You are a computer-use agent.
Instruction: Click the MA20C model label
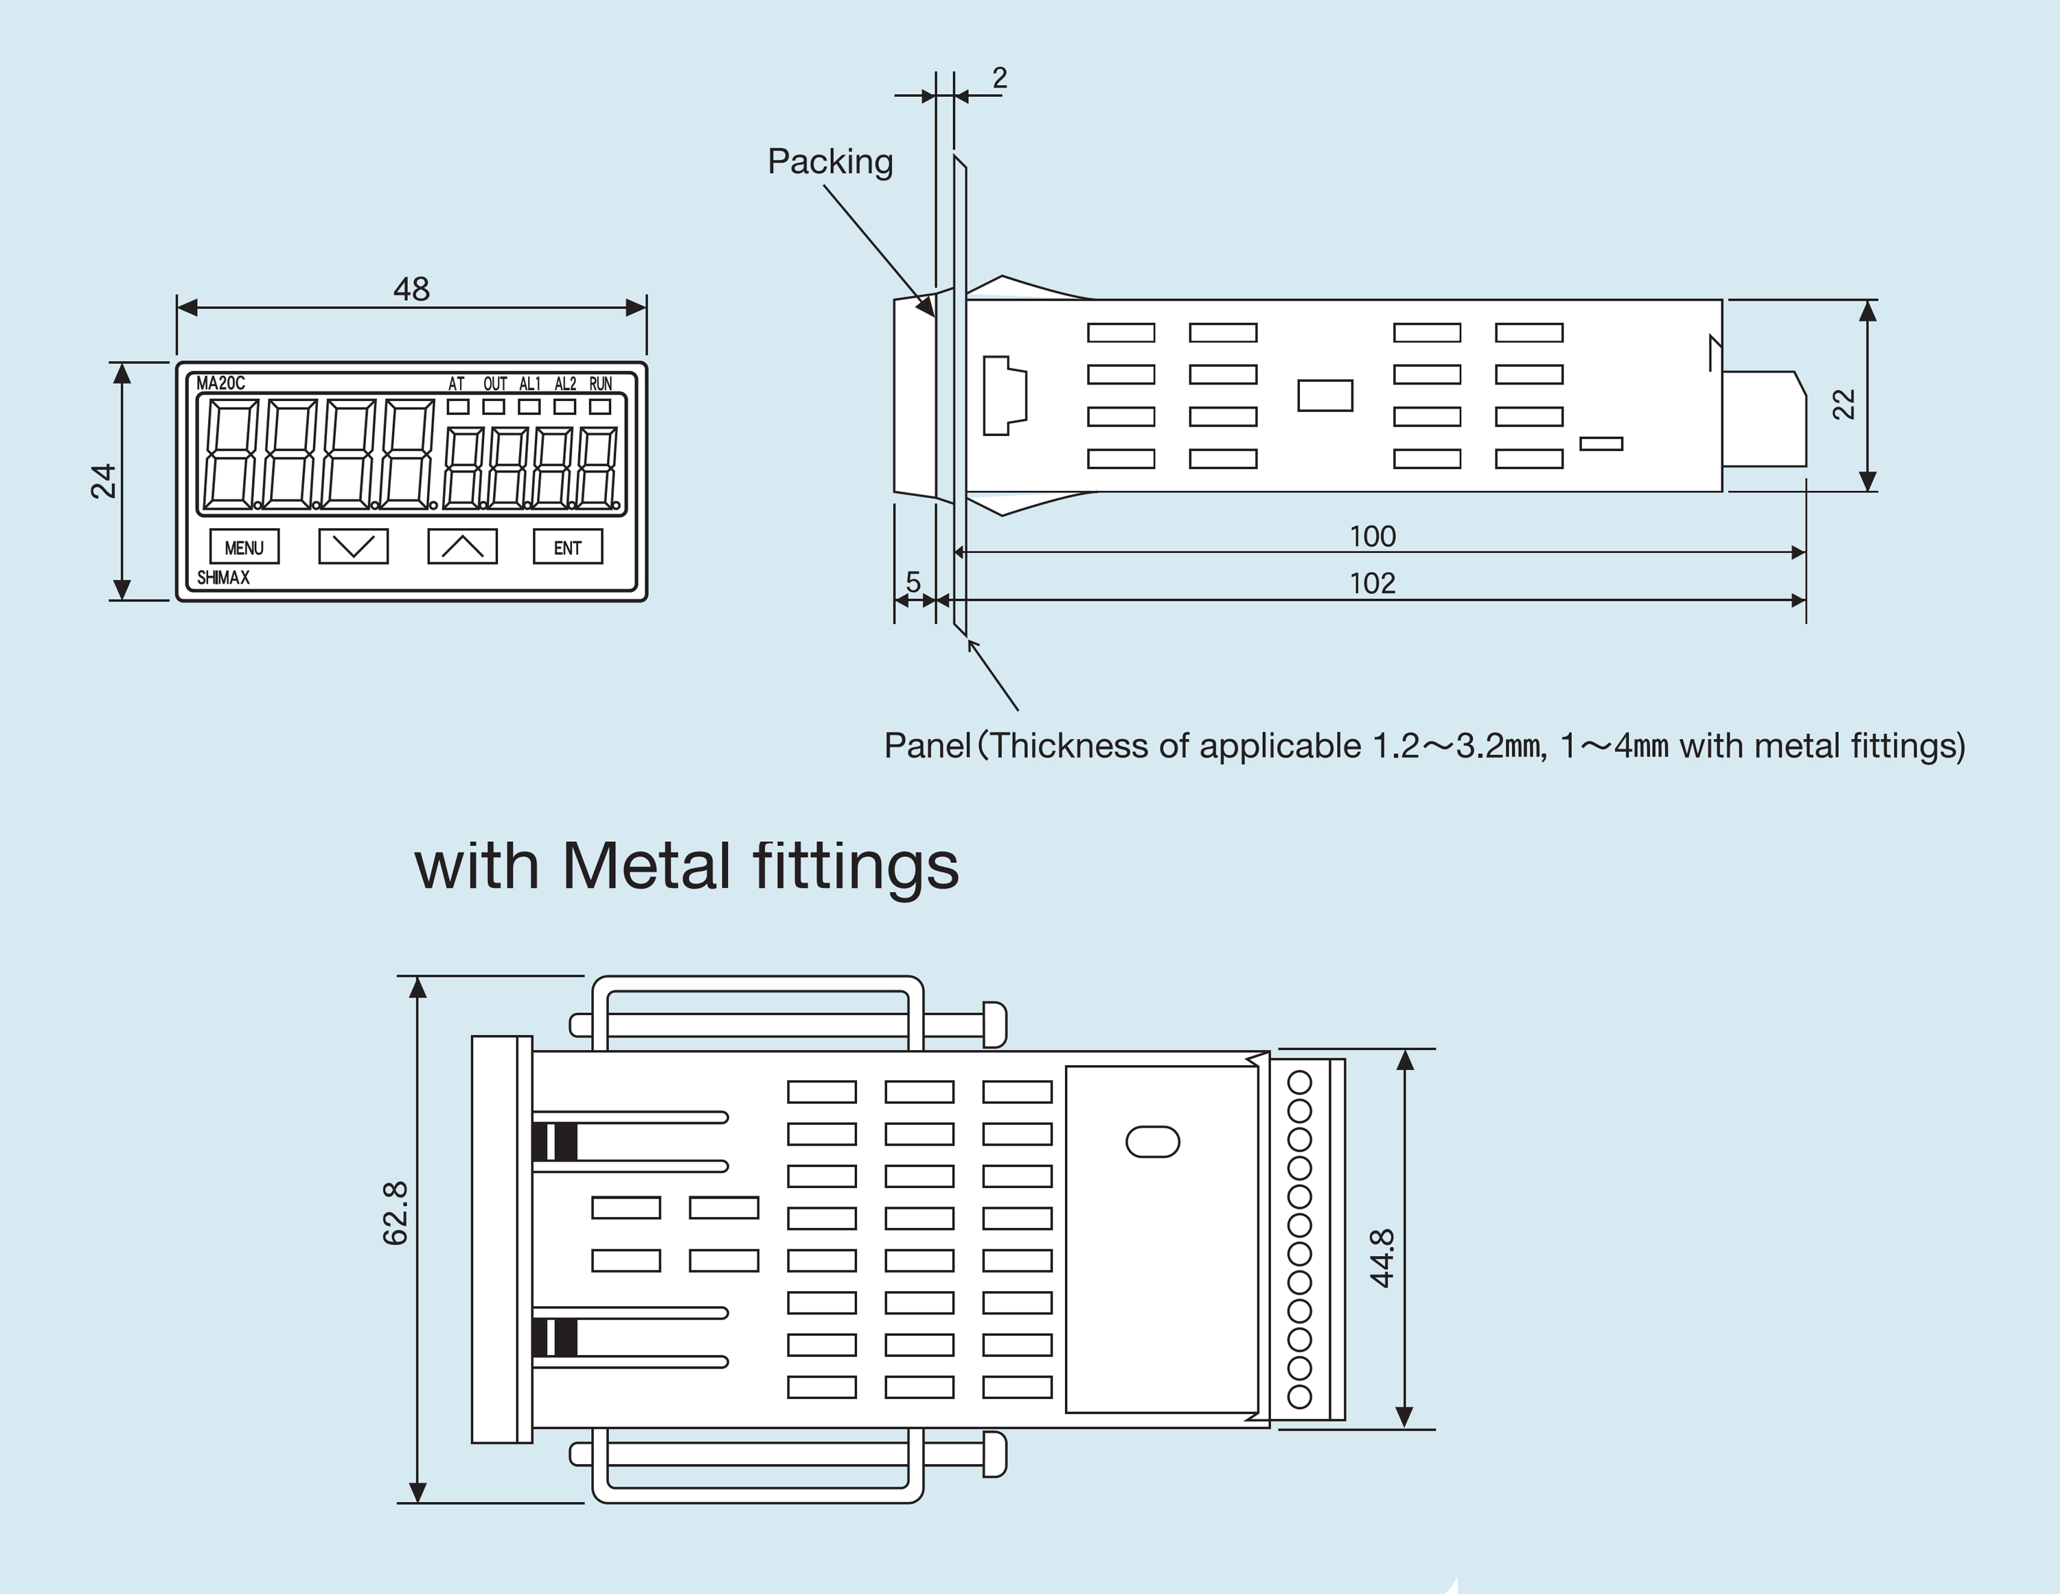[220, 383]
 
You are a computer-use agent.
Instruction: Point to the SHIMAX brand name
[224, 578]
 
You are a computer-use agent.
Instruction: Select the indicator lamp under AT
[459, 407]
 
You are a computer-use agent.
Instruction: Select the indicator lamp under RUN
[600, 407]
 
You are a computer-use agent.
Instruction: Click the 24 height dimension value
[103, 481]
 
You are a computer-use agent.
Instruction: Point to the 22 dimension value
[1843, 404]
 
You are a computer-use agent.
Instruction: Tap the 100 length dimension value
[1373, 536]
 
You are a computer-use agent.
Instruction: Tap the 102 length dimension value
[1373, 583]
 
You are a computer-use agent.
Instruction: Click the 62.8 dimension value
[396, 1213]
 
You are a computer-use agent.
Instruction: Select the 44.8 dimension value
[1382, 1257]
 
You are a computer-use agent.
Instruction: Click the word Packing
[830, 161]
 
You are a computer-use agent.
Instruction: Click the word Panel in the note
[927, 745]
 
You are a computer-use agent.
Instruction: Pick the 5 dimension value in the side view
[913, 582]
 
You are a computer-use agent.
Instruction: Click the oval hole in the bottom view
[1153, 1142]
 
